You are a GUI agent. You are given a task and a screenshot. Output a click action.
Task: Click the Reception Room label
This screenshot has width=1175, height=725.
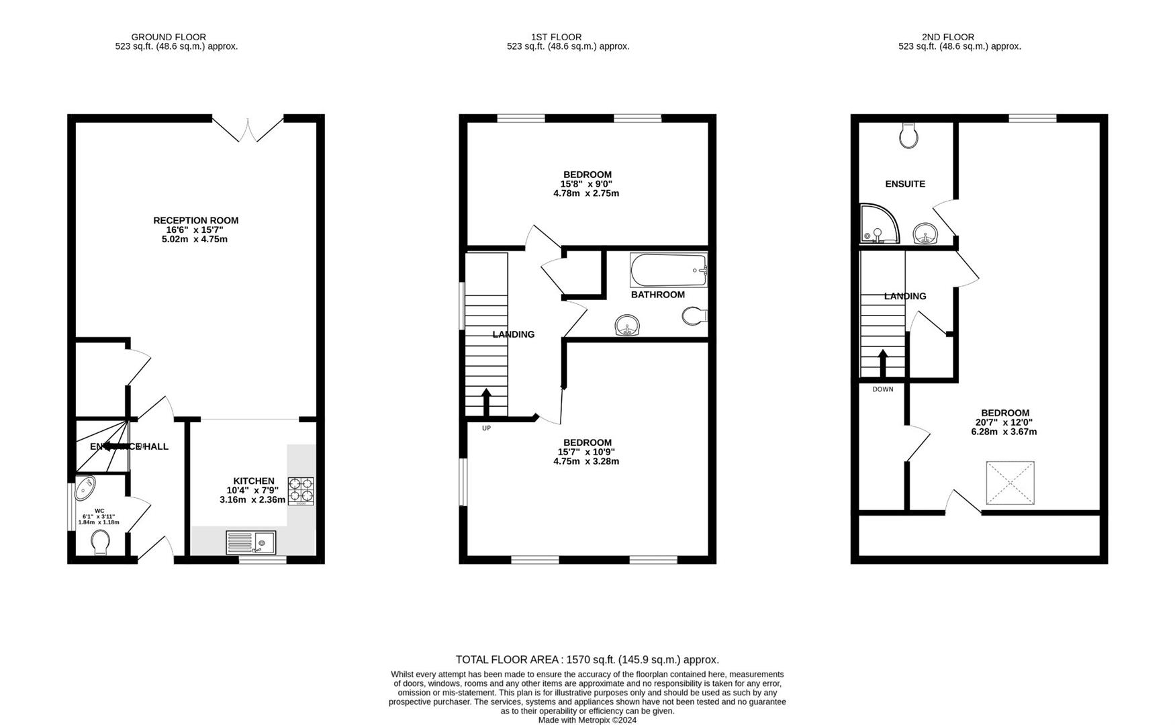click(x=195, y=220)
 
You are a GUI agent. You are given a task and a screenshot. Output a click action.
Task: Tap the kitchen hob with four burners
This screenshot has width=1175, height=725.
click(x=301, y=491)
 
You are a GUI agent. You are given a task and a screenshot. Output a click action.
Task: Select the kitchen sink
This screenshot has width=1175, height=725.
click(x=250, y=542)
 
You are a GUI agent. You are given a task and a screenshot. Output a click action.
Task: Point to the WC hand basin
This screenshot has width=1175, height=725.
click(x=86, y=488)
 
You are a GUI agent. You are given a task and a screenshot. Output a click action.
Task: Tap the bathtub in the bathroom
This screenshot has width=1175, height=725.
click(x=668, y=270)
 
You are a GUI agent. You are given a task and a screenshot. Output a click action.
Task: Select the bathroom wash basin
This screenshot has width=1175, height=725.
click(x=628, y=326)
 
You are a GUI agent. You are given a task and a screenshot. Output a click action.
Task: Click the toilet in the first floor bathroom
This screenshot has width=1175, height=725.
click(x=693, y=316)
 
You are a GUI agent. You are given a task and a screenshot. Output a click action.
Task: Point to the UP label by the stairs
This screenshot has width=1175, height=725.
click(x=486, y=428)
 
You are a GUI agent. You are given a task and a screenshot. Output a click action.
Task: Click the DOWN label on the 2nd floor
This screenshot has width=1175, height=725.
click(x=882, y=389)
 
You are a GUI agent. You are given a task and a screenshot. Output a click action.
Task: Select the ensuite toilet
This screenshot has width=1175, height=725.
click(x=908, y=136)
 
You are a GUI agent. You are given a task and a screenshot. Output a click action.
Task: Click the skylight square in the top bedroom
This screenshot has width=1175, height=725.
click(x=1010, y=483)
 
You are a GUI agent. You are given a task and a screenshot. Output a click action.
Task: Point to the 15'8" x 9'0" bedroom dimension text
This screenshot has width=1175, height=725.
click(x=586, y=184)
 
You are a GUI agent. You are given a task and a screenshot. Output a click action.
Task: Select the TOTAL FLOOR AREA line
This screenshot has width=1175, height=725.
click(x=587, y=660)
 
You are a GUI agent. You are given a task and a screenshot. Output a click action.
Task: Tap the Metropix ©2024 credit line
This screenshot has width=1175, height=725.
click(x=587, y=720)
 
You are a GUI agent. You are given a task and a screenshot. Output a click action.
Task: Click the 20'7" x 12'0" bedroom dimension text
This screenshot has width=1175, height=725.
click(x=1004, y=422)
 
